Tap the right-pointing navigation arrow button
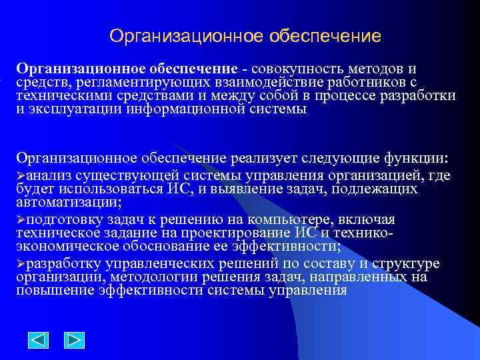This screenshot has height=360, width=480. [74, 341]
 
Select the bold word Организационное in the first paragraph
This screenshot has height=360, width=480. [71, 69]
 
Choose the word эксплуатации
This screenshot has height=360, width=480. [73, 109]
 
